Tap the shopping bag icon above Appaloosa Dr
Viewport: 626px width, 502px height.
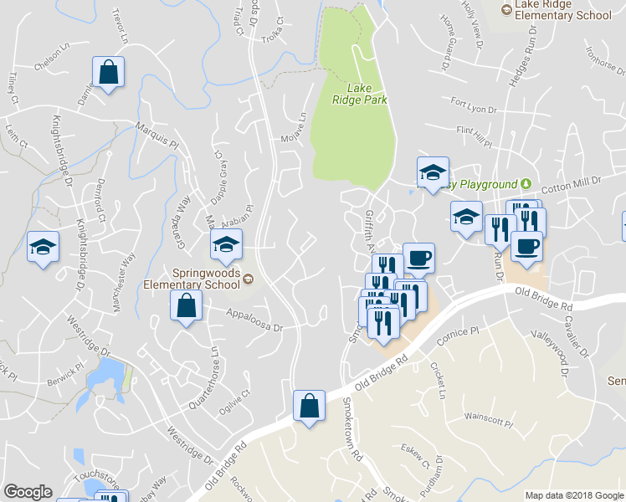click(x=186, y=306)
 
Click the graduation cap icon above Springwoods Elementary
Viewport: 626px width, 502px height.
click(x=226, y=245)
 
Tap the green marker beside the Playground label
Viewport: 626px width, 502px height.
click(x=526, y=184)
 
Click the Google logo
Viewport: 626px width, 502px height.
click(x=28, y=492)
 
